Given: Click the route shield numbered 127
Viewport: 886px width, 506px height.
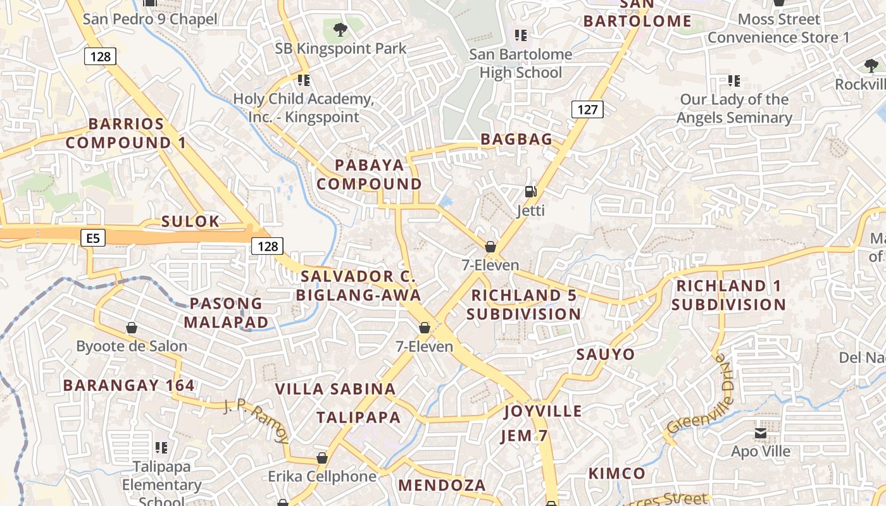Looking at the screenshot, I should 587,109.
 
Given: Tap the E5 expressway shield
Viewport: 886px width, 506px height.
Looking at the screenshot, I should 93,238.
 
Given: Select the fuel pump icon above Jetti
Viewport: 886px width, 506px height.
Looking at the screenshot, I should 530,191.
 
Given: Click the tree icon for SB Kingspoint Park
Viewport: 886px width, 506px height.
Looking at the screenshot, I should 340,28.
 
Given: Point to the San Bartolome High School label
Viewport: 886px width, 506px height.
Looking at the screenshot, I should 520,63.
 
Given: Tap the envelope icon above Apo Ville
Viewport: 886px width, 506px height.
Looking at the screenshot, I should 760,433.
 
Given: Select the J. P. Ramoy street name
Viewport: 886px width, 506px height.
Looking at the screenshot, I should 257,421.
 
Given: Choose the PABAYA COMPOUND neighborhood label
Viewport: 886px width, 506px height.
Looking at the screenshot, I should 370,175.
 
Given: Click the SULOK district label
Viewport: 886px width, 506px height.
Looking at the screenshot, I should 190,221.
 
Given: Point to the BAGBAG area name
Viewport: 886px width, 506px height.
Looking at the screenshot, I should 516,139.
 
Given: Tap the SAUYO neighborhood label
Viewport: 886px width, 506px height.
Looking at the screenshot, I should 605,354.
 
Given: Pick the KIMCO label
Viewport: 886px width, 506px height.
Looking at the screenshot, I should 616,473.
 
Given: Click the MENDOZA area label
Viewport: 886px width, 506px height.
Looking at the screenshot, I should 442,485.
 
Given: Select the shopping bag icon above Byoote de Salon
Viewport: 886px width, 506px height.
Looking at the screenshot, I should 132,328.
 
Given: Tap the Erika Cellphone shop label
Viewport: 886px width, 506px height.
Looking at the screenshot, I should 322,476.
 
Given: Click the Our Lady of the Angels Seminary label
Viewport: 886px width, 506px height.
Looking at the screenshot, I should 734,108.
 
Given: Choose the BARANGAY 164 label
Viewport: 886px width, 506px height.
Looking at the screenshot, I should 128,385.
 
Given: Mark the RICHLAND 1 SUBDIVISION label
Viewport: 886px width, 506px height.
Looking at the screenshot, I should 728,295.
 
